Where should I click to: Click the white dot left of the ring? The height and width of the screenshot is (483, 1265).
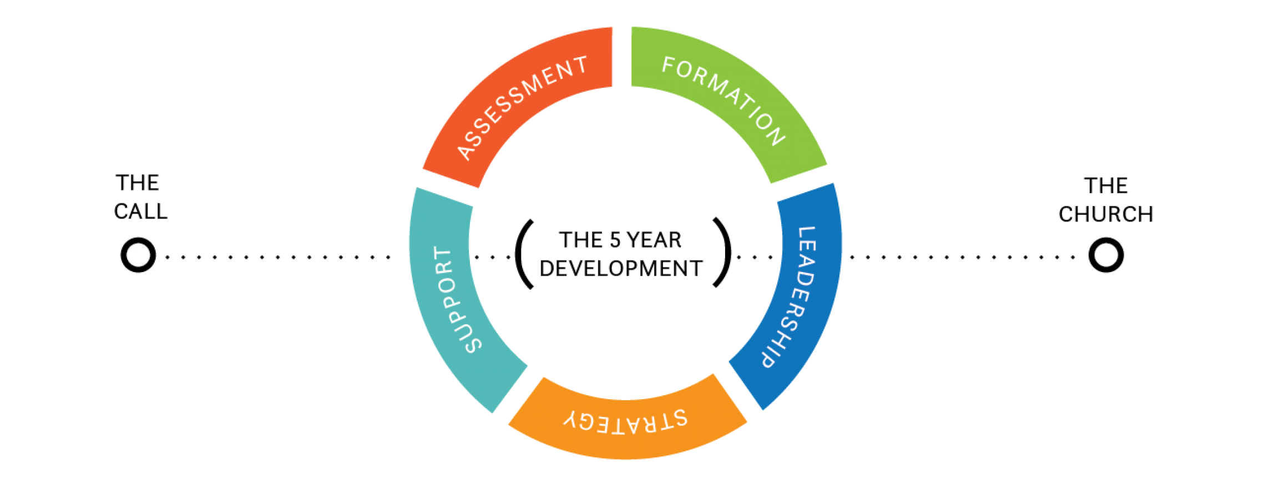[138, 255]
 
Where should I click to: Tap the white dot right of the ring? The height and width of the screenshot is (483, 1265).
[1106, 255]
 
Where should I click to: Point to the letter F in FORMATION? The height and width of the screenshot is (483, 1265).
[669, 65]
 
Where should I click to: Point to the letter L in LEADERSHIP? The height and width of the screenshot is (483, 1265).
[806, 233]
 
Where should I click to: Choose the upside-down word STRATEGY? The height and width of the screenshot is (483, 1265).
[626, 422]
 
